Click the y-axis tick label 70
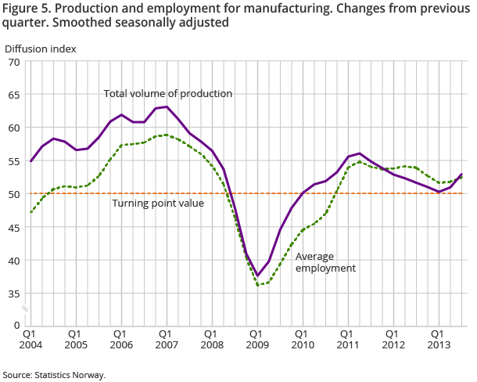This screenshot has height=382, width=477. (13, 62)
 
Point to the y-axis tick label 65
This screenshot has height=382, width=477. (13, 95)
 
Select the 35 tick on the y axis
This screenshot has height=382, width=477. (13, 294)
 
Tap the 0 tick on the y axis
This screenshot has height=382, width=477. (16, 324)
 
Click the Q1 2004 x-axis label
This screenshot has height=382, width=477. (30, 338)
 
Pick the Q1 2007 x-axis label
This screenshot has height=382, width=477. (166, 338)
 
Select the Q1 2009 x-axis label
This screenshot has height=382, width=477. (256, 338)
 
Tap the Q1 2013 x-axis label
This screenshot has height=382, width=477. (438, 338)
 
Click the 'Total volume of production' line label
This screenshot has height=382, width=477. (168, 93)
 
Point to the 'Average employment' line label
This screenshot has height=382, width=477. (325, 261)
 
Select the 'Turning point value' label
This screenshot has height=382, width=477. (158, 204)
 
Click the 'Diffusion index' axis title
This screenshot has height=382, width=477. (41, 49)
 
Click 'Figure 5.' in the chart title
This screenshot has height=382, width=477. (25, 8)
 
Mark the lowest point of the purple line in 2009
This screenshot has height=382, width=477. (257, 276)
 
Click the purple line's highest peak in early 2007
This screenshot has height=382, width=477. (167, 106)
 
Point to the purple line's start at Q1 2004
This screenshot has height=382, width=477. (30, 161)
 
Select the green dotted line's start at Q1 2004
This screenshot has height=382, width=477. (30, 211)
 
